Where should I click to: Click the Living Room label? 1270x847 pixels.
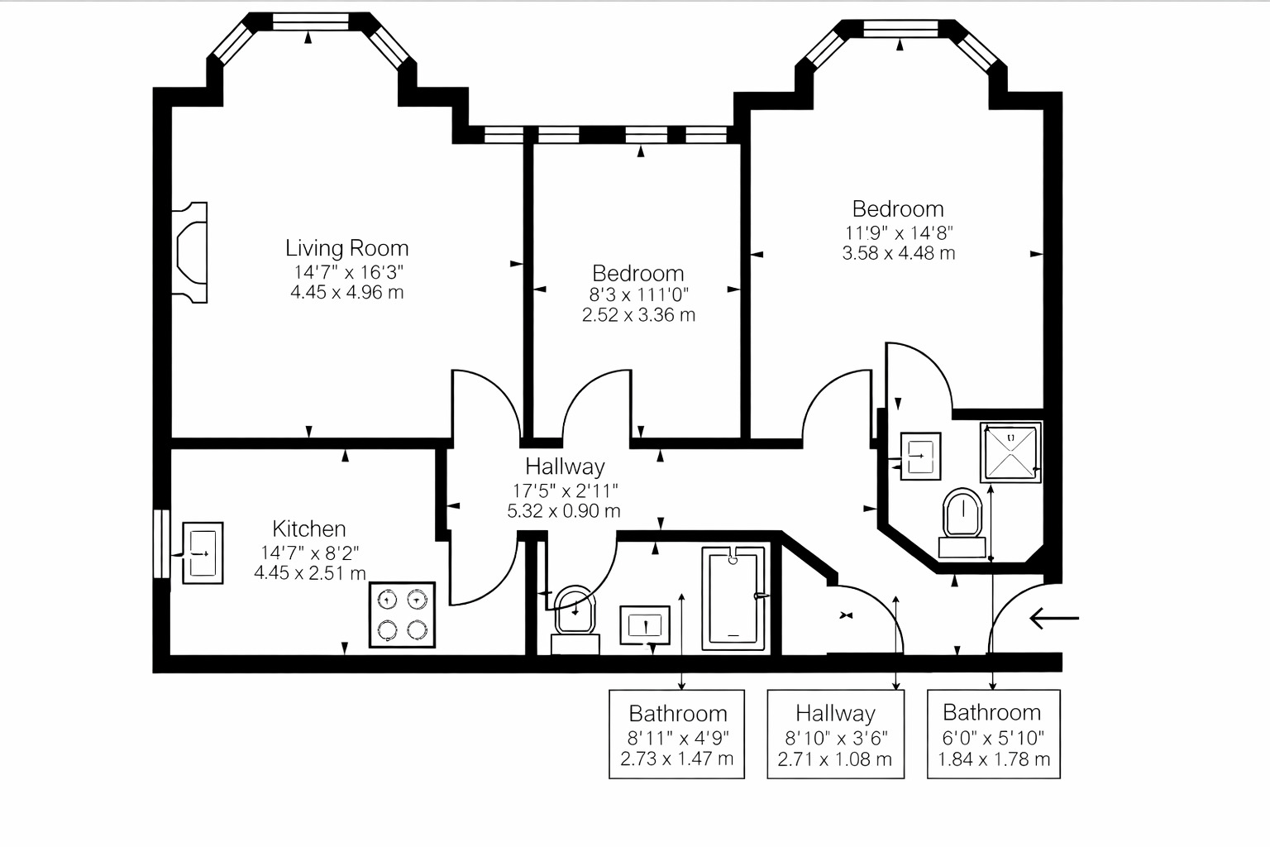346,248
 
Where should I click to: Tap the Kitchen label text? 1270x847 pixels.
309,529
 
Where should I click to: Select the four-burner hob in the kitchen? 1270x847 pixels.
402,615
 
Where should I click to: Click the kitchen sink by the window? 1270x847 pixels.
202,553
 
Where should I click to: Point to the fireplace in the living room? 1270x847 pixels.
189,252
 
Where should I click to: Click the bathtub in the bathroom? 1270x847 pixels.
734,598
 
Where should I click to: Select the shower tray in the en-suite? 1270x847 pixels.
1010,452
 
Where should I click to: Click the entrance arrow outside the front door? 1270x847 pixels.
1054,618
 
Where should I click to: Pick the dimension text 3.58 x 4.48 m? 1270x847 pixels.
898,254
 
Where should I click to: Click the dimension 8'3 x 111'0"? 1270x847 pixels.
638,294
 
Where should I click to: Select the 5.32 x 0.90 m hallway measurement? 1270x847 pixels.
564,511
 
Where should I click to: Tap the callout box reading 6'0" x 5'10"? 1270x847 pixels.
993,735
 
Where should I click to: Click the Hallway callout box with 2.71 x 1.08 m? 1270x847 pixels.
835,735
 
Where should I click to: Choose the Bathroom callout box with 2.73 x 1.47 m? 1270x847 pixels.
676,735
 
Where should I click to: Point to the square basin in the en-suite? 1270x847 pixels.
919,455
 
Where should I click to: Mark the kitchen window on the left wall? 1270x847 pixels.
160,543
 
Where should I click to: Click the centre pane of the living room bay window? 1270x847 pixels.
311,22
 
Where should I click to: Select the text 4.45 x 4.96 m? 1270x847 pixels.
347,292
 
